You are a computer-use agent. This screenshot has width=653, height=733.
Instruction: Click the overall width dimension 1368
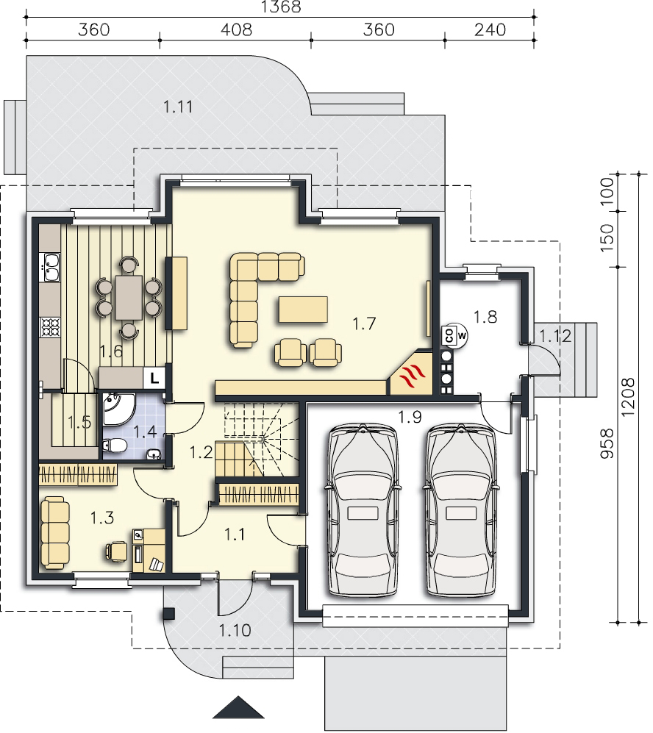[x=280, y=7]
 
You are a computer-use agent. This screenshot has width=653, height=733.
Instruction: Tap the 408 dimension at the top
[x=236, y=30]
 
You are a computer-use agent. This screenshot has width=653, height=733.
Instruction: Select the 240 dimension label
[x=490, y=30]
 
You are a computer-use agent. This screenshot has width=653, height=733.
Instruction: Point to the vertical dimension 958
[x=606, y=443]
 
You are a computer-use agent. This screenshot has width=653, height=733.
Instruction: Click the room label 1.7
[x=364, y=323]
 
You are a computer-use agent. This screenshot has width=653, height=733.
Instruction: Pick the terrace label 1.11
[x=178, y=107]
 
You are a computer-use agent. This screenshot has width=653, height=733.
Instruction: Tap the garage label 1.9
[x=410, y=417]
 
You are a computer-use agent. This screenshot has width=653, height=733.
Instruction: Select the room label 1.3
[x=102, y=518]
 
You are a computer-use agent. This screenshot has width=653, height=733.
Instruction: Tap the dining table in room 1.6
[x=128, y=298]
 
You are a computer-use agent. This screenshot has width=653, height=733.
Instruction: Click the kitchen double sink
[x=51, y=267]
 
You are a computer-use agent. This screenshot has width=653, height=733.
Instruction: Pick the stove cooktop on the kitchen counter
[x=51, y=327]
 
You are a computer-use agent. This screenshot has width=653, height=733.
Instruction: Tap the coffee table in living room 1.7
[x=304, y=310]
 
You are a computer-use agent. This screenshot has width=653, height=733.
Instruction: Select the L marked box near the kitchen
[x=154, y=376]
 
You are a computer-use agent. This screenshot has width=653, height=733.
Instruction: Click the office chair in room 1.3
[x=116, y=551]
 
